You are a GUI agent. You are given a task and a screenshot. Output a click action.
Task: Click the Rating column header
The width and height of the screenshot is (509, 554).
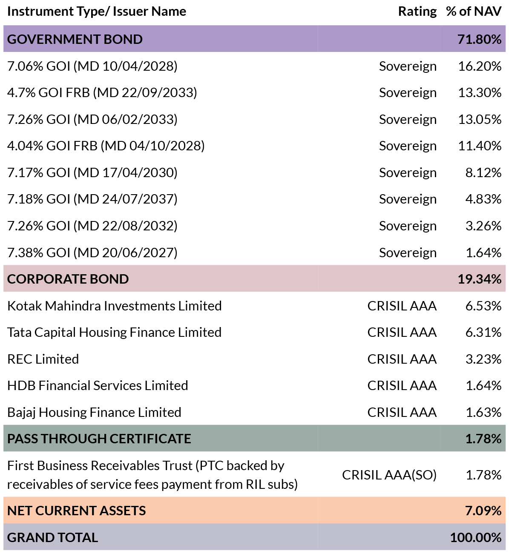[x=417, y=11]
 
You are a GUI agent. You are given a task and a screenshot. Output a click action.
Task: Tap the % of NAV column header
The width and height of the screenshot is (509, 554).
[x=474, y=11]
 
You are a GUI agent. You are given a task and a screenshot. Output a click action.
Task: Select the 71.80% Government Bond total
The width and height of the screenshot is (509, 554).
[x=480, y=39]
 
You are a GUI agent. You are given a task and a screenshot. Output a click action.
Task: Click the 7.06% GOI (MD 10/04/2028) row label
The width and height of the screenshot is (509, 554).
[x=92, y=66]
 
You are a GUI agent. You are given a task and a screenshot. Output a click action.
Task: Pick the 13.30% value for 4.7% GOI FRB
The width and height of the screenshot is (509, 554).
[x=480, y=92]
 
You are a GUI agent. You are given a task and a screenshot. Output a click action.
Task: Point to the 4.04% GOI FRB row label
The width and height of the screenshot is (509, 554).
[x=106, y=146]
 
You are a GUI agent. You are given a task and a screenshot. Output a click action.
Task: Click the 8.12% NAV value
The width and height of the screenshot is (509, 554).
[x=483, y=172]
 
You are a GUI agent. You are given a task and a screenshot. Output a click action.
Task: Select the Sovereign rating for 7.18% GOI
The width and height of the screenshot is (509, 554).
[x=408, y=199]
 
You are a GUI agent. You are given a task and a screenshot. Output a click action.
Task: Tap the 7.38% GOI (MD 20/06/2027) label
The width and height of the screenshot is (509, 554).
[x=92, y=253]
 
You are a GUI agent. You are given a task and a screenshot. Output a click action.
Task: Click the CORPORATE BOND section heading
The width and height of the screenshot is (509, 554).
[x=68, y=279]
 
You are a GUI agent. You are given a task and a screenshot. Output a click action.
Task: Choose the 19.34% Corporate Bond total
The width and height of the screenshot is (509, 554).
[x=480, y=279]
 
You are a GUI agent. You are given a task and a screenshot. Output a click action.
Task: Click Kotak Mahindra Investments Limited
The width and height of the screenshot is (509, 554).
[x=115, y=306]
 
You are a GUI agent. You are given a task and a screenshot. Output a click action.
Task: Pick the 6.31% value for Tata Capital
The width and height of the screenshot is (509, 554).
[x=483, y=333]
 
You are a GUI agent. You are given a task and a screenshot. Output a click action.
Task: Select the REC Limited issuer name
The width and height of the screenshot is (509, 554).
[x=43, y=359]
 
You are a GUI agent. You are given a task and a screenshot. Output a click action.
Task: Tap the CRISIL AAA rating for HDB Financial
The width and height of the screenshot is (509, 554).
[x=402, y=386]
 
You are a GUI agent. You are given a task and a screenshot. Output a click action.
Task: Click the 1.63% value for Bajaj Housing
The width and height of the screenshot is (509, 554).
[x=483, y=413]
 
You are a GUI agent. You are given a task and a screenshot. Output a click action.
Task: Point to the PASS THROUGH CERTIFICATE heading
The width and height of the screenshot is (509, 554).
[x=99, y=439]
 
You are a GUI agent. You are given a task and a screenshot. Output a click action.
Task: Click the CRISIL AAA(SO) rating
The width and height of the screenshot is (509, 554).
[x=389, y=475]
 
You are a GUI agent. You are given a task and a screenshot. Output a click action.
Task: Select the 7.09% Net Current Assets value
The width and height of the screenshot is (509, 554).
[x=483, y=511]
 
